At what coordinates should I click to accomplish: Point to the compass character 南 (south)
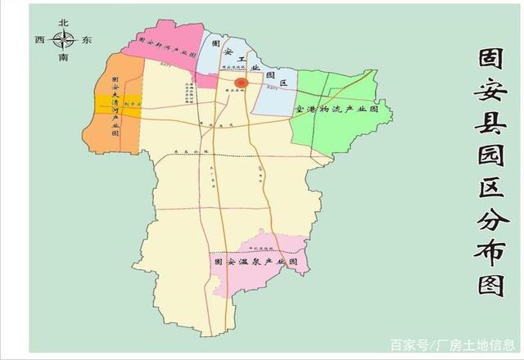64,58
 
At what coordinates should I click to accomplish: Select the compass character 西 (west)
39,39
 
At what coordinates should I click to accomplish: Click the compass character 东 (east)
88,39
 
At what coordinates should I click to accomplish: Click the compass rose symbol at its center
64,39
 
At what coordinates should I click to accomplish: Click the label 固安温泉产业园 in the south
260,263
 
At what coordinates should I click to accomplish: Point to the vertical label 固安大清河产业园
116,105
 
